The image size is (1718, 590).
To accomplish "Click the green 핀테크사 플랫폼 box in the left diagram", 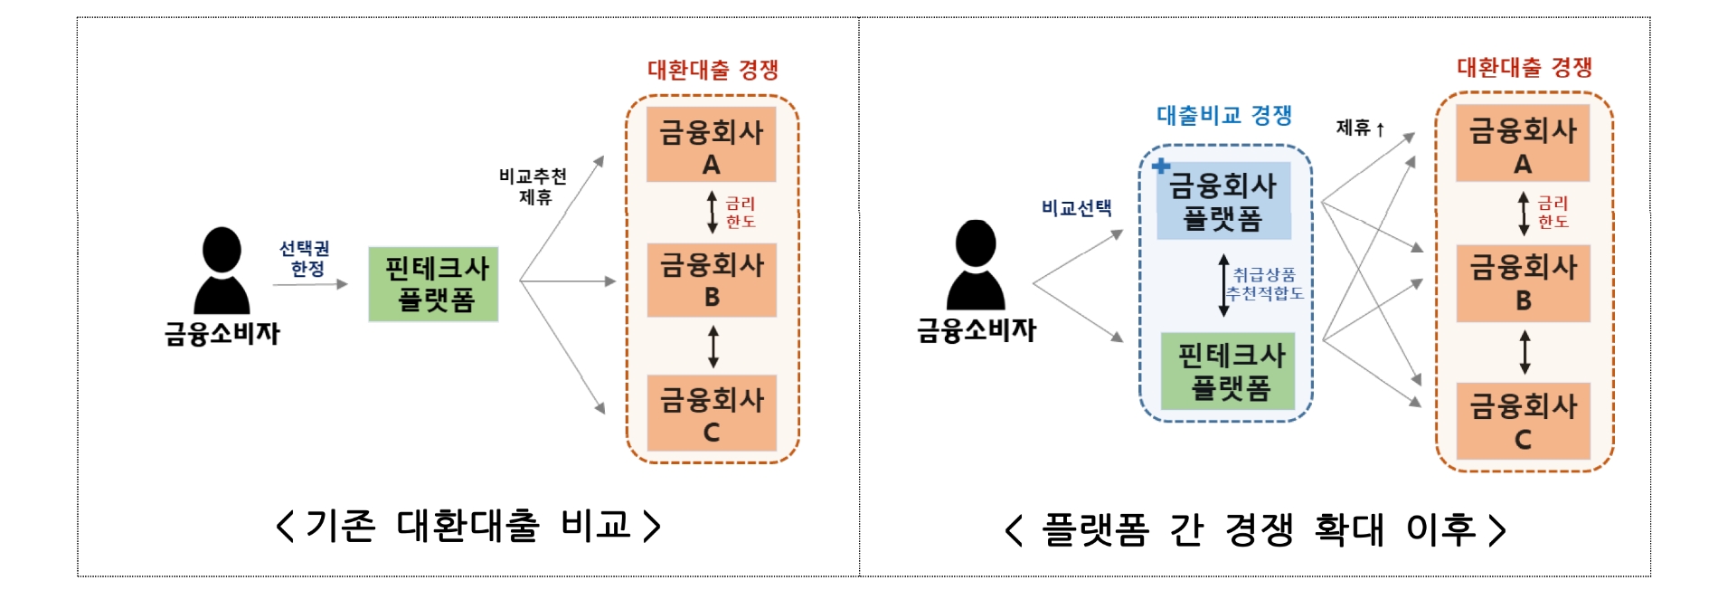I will (x=433, y=284).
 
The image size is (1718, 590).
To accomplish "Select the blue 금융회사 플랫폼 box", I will (x=1223, y=202).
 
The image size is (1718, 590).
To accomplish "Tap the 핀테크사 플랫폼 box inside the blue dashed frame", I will (x=1229, y=371).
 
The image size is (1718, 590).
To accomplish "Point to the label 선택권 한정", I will (x=304, y=259).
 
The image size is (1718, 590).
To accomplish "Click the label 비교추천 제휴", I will (x=533, y=186).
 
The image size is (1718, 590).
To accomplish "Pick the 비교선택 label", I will (x=1076, y=208).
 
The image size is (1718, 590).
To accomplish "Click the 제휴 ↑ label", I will (x=1360, y=128).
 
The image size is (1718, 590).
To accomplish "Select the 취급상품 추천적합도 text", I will (x=1264, y=284).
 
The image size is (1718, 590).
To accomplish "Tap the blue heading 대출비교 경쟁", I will (x=1224, y=116).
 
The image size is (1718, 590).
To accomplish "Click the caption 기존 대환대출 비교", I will (x=467, y=526).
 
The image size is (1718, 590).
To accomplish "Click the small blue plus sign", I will (x=1161, y=166).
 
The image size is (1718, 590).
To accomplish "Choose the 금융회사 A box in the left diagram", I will (x=712, y=145).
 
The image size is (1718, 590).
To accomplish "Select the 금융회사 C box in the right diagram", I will (x=1523, y=422).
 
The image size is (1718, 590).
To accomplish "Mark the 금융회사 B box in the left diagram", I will (x=712, y=279).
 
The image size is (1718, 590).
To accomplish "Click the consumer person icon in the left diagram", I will (x=222, y=271).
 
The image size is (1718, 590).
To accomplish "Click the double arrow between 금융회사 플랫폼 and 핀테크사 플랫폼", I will (x=1223, y=285).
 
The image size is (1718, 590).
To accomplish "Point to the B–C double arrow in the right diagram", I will (x=1524, y=352).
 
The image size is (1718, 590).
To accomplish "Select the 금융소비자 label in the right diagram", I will (x=977, y=330).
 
